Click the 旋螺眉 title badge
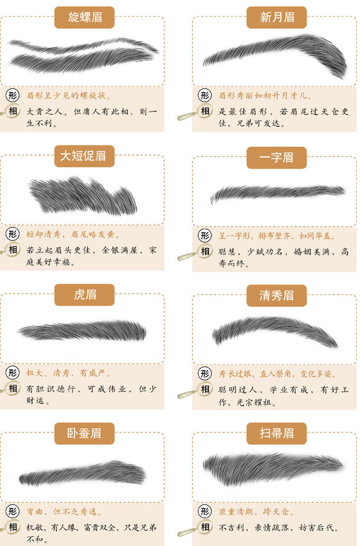[85, 17]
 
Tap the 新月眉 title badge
[277, 17]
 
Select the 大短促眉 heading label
[85, 156]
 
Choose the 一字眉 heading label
[277, 158]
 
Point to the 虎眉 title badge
[85, 295]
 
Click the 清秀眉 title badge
[277, 295]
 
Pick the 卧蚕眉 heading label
[85, 433]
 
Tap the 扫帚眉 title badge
[277, 433]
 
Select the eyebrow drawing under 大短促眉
[83, 195]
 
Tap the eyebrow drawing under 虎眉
[82, 331]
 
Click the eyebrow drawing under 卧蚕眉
[83, 474]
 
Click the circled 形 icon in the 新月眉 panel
[205, 95]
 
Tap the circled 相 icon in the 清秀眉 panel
[205, 389]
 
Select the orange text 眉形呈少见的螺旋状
[69, 95]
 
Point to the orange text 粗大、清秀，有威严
[69, 373]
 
